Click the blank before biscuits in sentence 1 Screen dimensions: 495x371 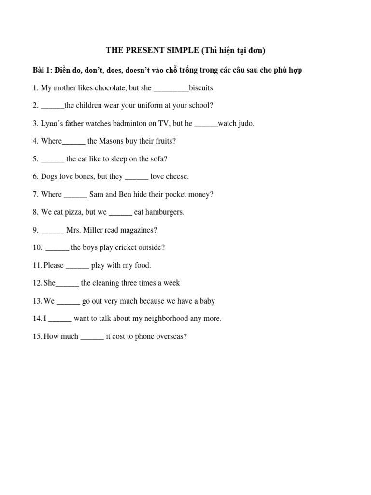tap(171, 88)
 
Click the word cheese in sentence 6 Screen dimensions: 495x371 tap(177, 176)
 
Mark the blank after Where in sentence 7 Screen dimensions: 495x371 tap(76, 195)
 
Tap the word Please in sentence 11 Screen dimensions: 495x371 tap(54, 265)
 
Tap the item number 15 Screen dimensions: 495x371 tap(37, 336)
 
